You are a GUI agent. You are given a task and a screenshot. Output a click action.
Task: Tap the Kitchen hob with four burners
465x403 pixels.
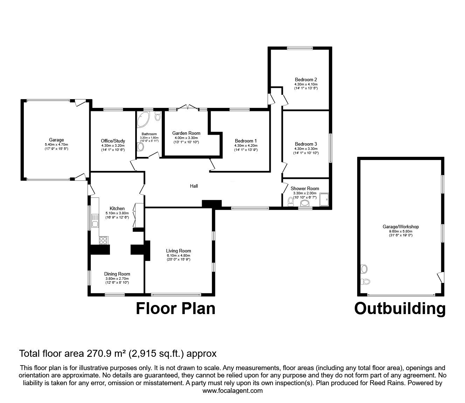pyautogui.click(x=104, y=240)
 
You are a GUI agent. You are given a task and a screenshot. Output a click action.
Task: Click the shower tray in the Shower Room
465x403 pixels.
pyautogui.click(x=324, y=199)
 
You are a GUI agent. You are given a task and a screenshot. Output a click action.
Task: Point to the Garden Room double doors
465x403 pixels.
pyautogui.click(x=188, y=107)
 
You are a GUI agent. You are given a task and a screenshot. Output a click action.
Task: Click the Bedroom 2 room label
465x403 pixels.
pyautogui.click(x=306, y=79)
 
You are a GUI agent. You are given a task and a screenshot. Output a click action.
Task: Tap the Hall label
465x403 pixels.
pyautogui.click(x=194, y=186)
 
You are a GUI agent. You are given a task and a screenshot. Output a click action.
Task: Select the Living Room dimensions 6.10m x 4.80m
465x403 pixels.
pyautogui.click(x=178, y=255)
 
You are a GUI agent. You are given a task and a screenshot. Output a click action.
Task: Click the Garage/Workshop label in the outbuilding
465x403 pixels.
pyautogui.click(x=401, y=227)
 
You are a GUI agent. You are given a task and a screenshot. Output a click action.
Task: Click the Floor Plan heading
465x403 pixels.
pyautogui.click(x=175, y=308)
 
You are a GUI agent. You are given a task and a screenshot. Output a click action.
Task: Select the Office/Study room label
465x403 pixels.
pyautogui.click(x=113, y=141)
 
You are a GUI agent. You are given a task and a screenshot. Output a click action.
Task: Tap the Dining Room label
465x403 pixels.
pyautogui.click(x=117, y=274)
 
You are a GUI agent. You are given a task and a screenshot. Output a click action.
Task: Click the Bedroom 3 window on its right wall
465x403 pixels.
pyautogui.click(x=330, y=148)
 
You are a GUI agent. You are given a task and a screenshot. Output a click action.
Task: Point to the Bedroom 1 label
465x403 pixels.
pyautogui.click(x=246, y=141)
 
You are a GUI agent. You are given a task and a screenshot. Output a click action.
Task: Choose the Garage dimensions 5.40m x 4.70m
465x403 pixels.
pyautogui.click(x=56, y=145)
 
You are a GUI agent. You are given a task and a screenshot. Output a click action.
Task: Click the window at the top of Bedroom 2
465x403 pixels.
pyautogui.click(x=300, y=48)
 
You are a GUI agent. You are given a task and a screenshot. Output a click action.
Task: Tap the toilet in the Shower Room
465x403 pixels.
pyautogui.click(x=291, y=202)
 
